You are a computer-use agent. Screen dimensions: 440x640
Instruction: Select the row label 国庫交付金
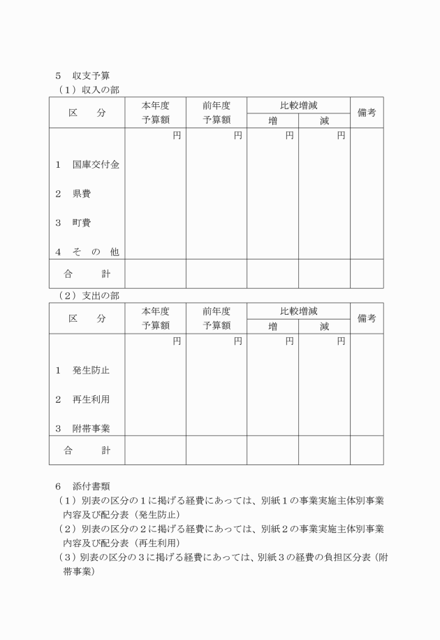tap(87, 165)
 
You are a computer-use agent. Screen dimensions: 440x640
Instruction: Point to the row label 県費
tap(73, 194)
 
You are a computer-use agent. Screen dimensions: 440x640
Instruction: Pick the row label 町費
tap(73, 223)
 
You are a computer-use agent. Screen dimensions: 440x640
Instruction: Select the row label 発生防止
tap(82, 370)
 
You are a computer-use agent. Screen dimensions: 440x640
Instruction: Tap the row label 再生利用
tap(82, 399)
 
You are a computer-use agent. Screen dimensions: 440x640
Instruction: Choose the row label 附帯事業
tap(82, 428)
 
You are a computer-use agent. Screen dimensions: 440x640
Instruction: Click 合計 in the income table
tap(87, 273)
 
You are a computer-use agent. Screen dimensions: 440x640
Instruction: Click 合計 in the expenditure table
tap(87, 450)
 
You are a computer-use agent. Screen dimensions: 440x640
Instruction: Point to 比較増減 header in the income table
tap(298, 106)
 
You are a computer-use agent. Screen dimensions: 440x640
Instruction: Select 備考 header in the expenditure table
tap(367, 318)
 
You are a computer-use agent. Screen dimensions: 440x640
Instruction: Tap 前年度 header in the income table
tap(217, 106)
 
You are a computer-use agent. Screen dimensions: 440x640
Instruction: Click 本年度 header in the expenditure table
tap(155, 311)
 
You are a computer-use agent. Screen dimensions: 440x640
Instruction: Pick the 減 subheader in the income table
tap(325, 120)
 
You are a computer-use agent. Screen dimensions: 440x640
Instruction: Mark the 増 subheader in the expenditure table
tap(272, 326)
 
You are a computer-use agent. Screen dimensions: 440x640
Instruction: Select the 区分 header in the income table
tap(87, 113)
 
